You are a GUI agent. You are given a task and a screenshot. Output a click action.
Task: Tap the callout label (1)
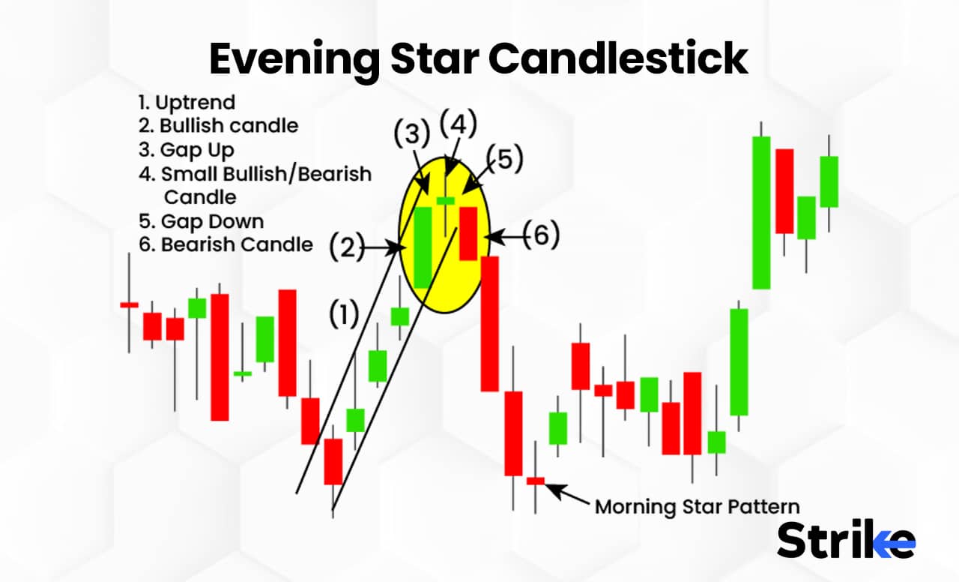[x=345, y=315]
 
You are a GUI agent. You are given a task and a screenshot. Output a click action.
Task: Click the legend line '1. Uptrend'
[x=187, y=102]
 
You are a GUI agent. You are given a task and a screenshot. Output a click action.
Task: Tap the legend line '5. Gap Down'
[x=201, y=221]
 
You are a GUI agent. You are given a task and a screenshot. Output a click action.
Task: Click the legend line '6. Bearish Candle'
[x=226, y=244]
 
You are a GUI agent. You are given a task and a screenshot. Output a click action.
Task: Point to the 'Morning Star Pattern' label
[x=698, y=506]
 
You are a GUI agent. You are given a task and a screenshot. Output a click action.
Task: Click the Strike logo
[x=846, y=539]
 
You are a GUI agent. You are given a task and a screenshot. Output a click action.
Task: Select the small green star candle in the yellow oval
[x=446, y=200]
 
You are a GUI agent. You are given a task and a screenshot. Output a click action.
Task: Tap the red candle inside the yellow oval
[x=468, y=233]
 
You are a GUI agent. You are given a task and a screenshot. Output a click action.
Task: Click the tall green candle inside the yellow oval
[x=423, y=247]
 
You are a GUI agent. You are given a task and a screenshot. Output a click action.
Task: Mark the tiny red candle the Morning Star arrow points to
[x=536, y=481]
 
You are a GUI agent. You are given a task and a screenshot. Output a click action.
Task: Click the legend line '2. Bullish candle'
[x=218, y=125]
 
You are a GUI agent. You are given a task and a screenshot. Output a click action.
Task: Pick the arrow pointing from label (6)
[x=503, y=236]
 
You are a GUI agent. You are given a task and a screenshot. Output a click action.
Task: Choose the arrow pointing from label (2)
[x=384, y=246]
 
